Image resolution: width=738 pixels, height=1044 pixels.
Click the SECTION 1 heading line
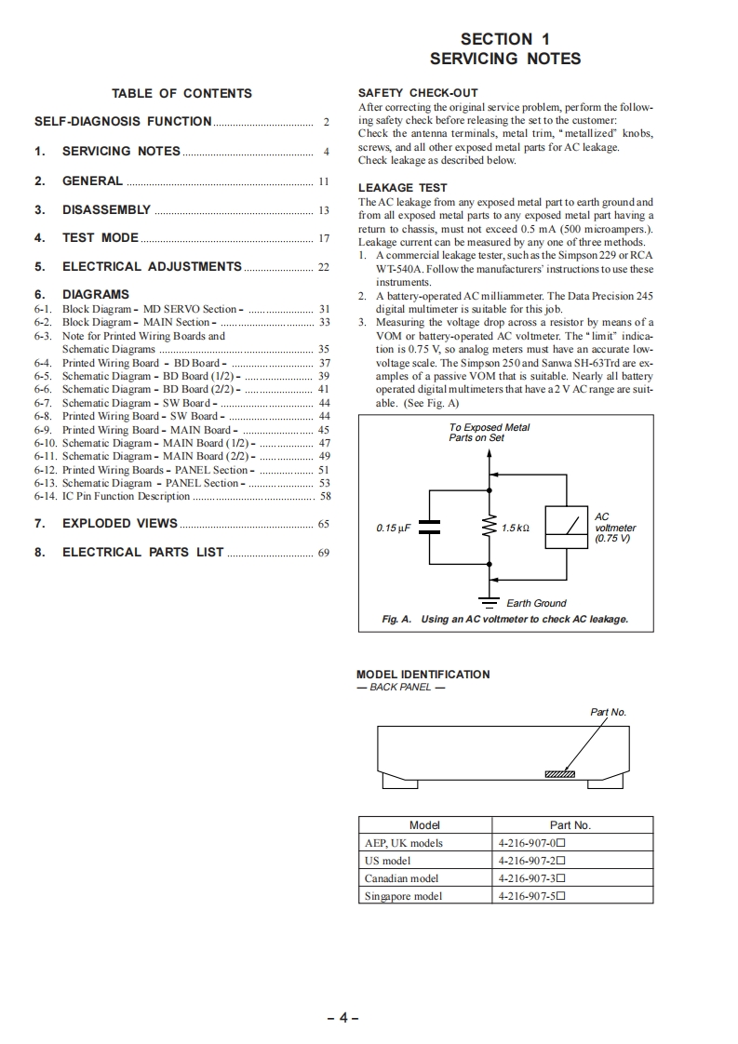(505, 39)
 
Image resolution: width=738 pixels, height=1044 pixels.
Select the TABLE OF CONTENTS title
(181, 93)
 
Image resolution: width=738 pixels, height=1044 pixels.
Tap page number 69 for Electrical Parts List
(323, 553)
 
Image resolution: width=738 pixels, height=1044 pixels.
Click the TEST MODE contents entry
(101, 238)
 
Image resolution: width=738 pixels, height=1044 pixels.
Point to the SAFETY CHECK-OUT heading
(418, 93)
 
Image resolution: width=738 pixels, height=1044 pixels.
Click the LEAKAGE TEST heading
(402, 188)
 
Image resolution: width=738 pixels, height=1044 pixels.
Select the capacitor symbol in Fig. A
(430, 528)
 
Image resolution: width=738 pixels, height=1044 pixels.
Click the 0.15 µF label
(394, 529)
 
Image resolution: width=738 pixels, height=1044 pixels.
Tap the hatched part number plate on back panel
(559, 774)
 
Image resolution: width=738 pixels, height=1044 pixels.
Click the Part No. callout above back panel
(609, 713)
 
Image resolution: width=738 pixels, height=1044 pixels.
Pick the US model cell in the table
(388, 861)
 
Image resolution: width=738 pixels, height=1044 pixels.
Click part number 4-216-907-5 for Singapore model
(531, 896)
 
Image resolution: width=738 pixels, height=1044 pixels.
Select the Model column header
(424, 825)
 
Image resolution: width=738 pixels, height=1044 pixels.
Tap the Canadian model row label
(401, 878)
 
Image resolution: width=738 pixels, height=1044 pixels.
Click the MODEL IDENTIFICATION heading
(423, 675)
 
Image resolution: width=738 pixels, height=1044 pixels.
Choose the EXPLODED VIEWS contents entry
(119, 524)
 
